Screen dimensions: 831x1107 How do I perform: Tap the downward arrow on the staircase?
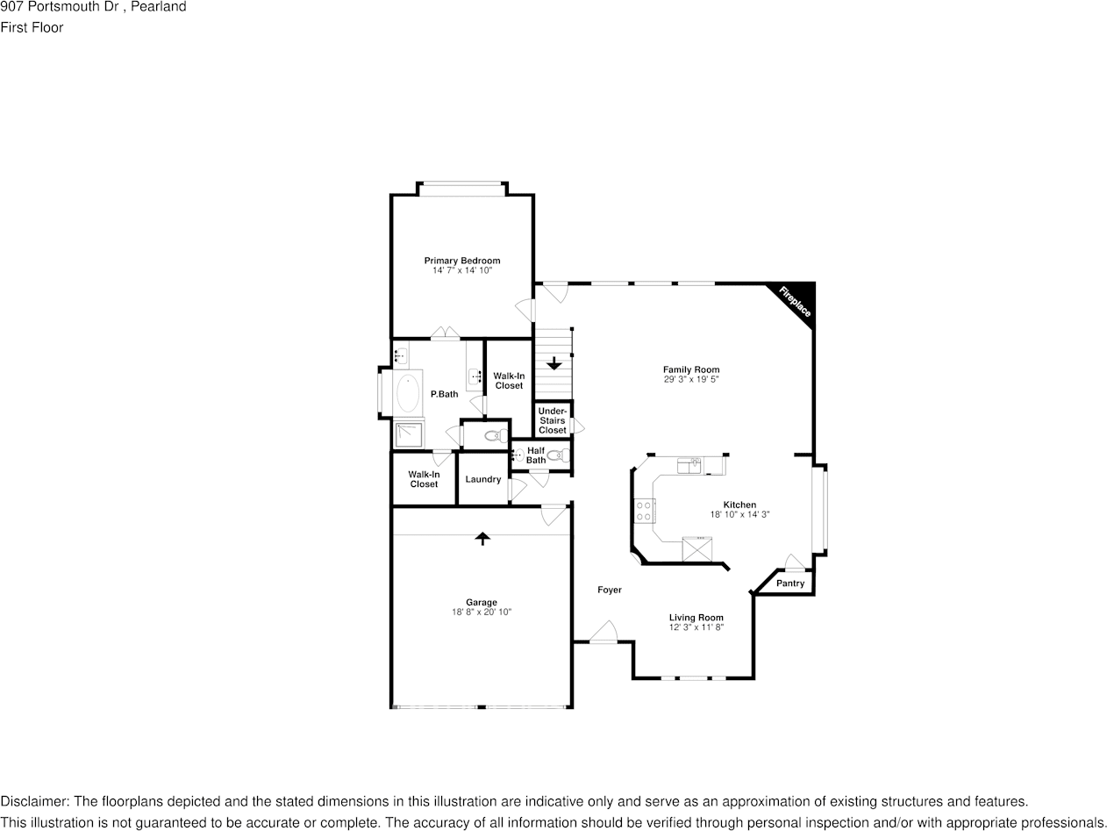click(x=553, y=362)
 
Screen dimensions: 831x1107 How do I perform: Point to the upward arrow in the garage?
click(x=482, y=538)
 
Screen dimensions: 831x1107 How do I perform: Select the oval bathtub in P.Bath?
click(x=408, y=393)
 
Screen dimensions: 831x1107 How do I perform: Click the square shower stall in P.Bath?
click(x=409, y=435)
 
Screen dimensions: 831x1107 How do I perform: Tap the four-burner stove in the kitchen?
click(x=643, y=511)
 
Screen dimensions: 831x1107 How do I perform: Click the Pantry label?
click(x=790, y=584)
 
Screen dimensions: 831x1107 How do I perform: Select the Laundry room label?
click(x=482, y=479)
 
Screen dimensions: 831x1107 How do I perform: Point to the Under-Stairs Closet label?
click(x=553, y=420)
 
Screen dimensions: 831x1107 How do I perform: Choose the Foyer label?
click(x=610, y=590)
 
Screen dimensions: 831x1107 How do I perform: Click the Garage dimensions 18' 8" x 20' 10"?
click(x=482, y=612)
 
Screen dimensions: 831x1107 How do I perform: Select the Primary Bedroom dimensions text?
click(x=462, y=270)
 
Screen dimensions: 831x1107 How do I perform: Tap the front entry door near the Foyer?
click(x=603, y=634)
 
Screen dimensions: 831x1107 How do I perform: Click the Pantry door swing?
click(x=794, y=562)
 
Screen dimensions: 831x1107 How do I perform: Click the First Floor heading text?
click(x=32, y=27)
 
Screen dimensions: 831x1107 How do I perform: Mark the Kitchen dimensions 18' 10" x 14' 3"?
click(x=739, y=514)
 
